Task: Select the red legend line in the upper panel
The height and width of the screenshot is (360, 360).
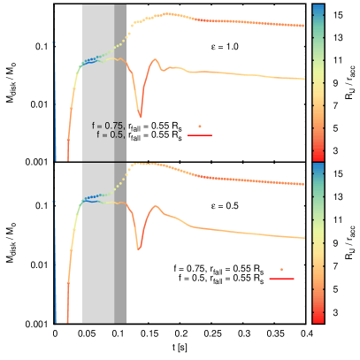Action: pos(200,135)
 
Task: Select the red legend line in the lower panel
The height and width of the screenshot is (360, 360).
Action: pos(281,279)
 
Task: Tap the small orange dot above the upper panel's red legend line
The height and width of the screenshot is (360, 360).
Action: pos(200,126)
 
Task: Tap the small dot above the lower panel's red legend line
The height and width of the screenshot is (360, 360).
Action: pos(281,269)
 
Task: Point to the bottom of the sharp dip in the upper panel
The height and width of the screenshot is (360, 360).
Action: pos(140,116)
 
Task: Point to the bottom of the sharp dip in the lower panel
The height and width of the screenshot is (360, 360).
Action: pos(138,249)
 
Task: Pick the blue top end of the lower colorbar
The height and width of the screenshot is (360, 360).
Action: pos(318,166)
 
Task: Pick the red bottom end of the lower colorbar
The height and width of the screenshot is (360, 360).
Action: pos(318,318)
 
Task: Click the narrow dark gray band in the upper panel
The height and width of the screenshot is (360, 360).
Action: pos(120,88)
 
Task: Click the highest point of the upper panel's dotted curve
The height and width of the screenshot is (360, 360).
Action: pos(166,13)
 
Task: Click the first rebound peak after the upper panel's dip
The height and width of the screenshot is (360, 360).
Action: pos(157,60)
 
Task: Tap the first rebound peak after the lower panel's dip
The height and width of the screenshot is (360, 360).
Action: pos(156,209)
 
